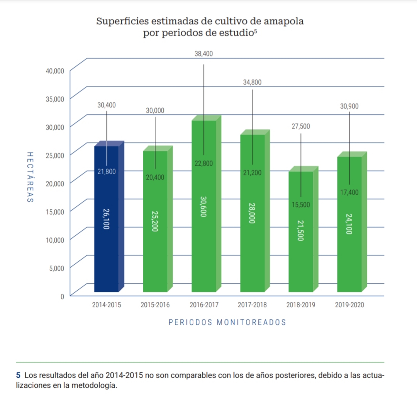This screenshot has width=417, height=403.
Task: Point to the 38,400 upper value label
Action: pyautogui.click(x=203, y=54)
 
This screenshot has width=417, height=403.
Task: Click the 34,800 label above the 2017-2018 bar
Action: pyautogui.click(x=252, y=82)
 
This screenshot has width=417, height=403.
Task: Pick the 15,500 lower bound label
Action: pyautogui.click(x=301, y=205)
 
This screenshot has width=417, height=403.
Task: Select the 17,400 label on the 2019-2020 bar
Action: pyautogui.click(x=349, y=192)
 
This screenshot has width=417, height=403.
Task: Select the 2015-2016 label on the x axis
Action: pyautogui.click(x=155, y=305)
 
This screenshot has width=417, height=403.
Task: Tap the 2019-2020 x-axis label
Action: pyautogui.click(x=349, y=305)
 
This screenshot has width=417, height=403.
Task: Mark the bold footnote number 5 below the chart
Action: pyautogui.click(x=18, y=376)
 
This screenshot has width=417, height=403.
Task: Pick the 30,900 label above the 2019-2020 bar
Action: pyautogui.click(x=349, y=106)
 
